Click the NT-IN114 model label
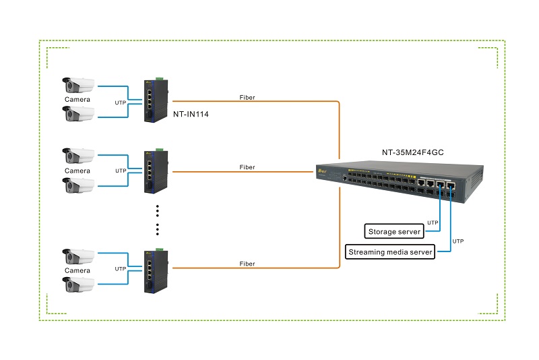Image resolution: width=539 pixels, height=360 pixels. [191, 114]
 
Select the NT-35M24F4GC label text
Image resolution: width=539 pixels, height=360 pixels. [413, 152]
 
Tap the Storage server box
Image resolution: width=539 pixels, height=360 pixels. [394, 231]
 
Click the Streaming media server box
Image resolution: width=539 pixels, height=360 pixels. [390, 252]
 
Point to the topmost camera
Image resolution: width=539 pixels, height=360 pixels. [78, 85]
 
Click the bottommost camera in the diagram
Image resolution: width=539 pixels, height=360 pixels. [78, 284]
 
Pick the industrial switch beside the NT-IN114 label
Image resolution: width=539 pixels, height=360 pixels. [156, 100]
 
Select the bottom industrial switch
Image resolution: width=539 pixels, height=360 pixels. [156, 271]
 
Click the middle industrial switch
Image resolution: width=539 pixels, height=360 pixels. [156, 172]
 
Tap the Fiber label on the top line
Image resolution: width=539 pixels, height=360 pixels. [247, 97]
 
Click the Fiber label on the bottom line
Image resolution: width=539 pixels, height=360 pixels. [247, 264]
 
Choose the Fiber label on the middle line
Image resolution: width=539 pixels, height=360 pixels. [247, 167]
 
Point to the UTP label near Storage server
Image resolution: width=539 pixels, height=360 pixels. [433, 222]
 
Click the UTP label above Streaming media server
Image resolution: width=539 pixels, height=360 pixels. [458, 241]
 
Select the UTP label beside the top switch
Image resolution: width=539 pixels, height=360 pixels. [121, 102]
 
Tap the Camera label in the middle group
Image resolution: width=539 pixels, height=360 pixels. [77, 171]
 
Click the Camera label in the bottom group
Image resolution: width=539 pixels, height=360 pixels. [77, 270]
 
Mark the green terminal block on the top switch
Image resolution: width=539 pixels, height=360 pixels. [160, 79]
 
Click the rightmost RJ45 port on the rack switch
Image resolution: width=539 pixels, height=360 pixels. [451, 186]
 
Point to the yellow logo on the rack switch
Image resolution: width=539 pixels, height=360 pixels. [323, 171]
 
